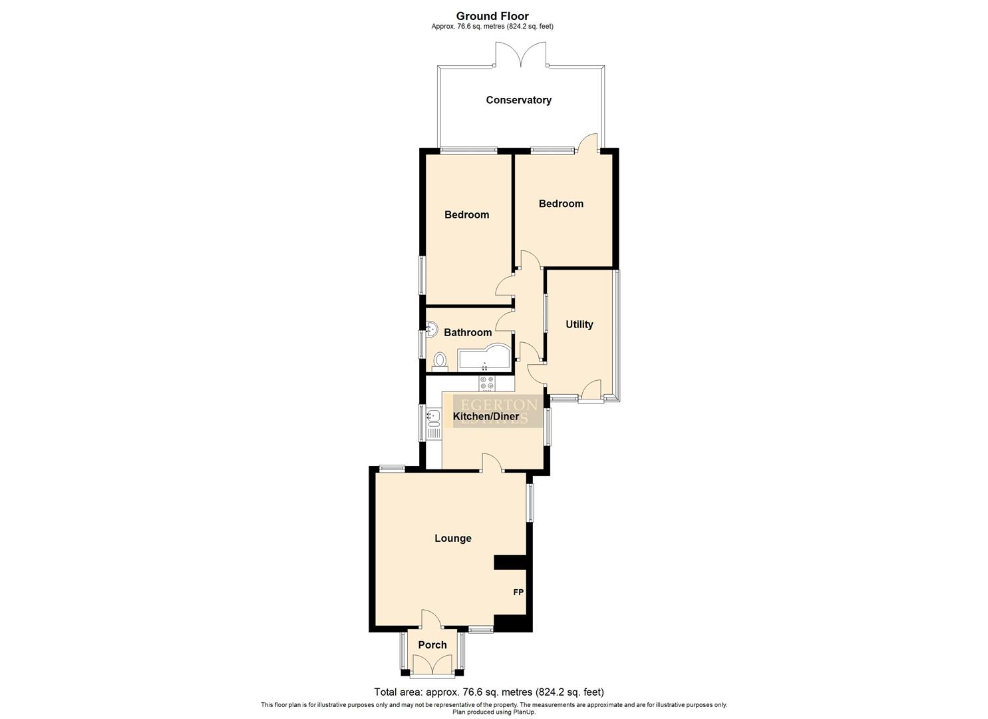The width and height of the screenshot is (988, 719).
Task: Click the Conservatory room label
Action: [518, 100]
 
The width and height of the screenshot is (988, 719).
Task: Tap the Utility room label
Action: [579, 324]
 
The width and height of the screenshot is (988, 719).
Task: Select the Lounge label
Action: [452, 538]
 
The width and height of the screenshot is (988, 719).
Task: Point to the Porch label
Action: [432, 644]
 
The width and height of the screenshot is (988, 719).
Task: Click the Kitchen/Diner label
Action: [486, 417]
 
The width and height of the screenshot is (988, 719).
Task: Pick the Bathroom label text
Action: [468, 332]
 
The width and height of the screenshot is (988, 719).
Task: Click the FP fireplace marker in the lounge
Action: [518, 591]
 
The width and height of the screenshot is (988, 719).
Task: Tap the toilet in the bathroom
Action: [440, 361]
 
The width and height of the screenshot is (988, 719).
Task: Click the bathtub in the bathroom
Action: [484, 358]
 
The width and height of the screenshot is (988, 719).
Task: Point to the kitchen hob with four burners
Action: [486, 383]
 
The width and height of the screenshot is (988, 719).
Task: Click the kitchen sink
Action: [434, 418]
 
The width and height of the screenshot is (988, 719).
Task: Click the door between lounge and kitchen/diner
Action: [492, 463]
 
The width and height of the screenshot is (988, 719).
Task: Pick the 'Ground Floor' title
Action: [492, 16]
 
